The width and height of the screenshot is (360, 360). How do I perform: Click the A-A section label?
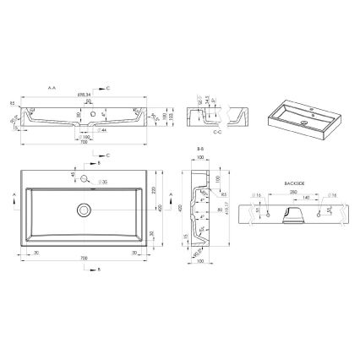click(x=52, y=87)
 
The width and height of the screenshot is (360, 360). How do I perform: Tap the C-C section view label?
click(x=217, y=131)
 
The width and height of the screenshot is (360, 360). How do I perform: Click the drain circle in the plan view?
click(x=84, y=209)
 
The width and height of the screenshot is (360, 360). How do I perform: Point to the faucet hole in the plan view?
click(x=84, y=177)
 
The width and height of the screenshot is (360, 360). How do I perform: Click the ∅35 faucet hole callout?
click(x=103, y=182)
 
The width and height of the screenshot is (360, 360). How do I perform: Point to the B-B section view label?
click(x=200, y=148)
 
